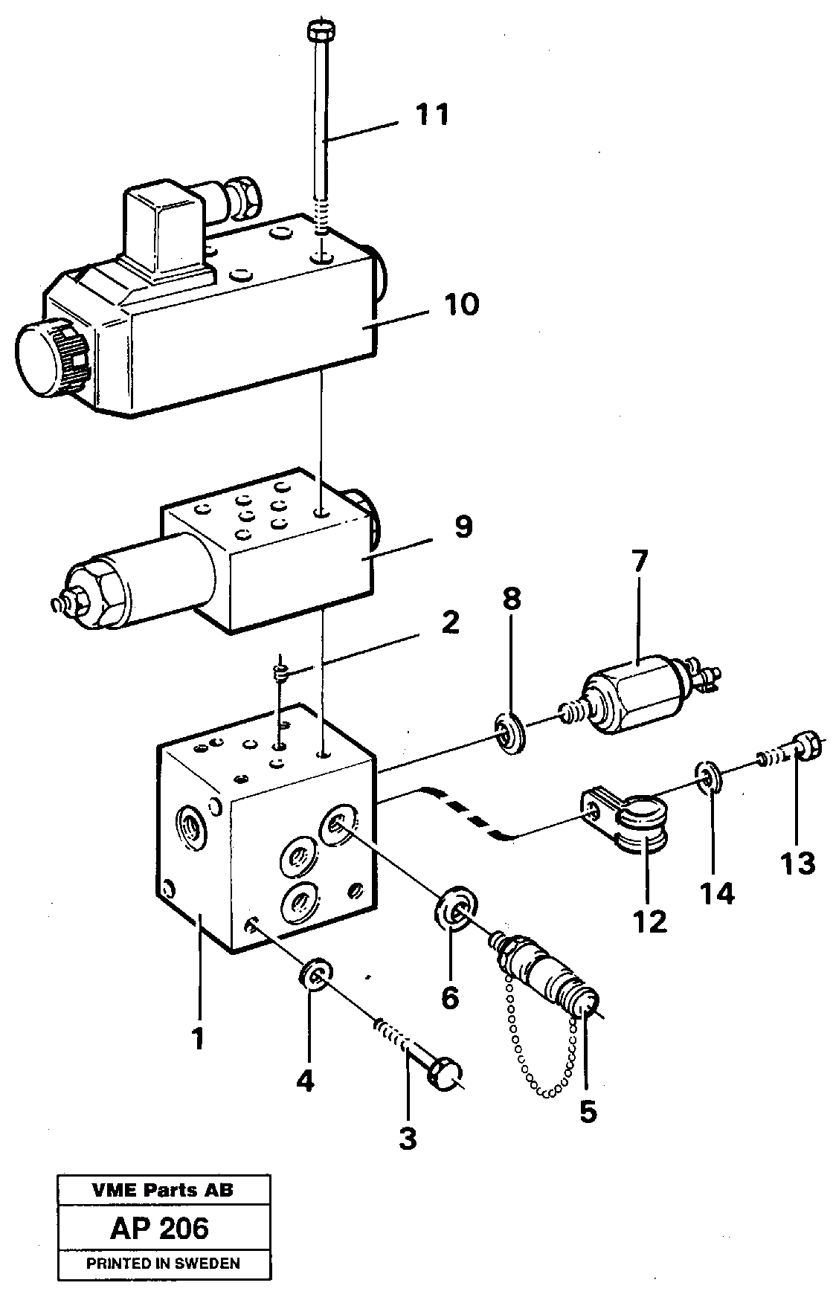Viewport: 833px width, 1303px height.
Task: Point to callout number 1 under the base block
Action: coord(197,1039)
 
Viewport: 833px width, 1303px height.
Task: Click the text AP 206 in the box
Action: coord(159,1229)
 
